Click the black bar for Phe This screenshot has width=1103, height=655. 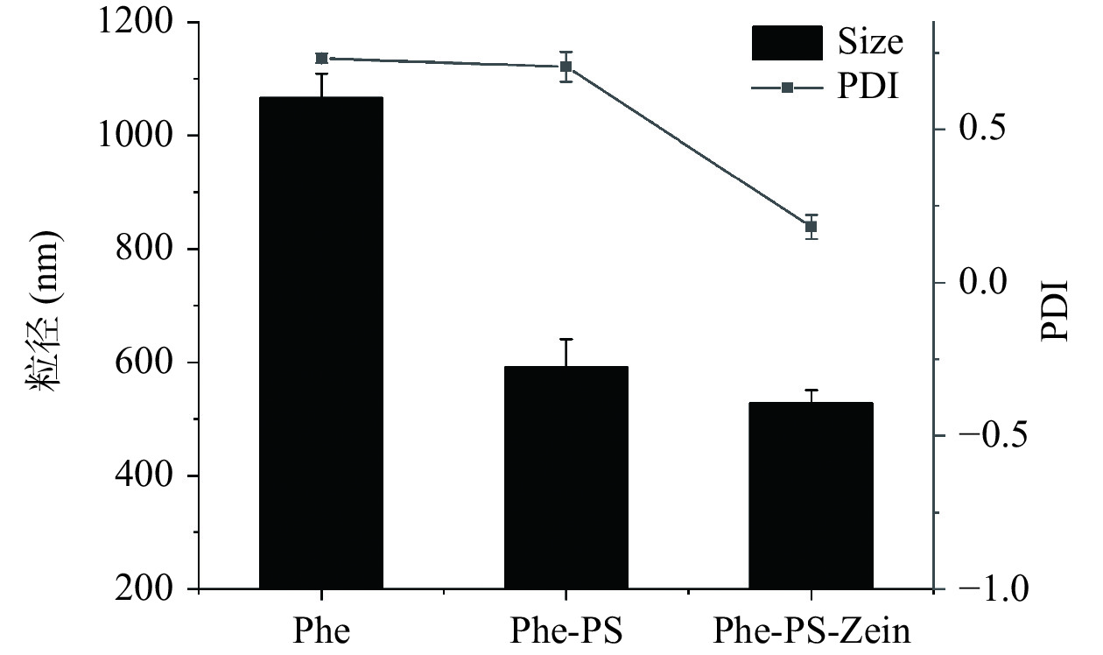coord(321,342)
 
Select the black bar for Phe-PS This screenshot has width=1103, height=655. coord(566,477)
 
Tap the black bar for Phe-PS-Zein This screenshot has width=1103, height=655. coord(811,495)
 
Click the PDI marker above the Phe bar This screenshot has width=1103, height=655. coord(321,59)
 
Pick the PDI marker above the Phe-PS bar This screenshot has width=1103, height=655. coord(566,67)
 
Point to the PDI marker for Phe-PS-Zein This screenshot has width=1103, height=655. coord(811,227)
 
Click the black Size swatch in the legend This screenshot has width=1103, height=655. coord(787,42)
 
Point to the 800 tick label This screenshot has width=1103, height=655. coord(150,250)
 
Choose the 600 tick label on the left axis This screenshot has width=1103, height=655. coord(150,363)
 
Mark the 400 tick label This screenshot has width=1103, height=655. coord(150,476)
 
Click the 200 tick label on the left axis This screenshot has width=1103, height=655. coord(150,589)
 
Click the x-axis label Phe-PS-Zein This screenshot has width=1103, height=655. coord(811,630)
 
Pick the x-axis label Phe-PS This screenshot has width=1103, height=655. coord(566,630)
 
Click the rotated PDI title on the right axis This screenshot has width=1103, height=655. coord(1056,312)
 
